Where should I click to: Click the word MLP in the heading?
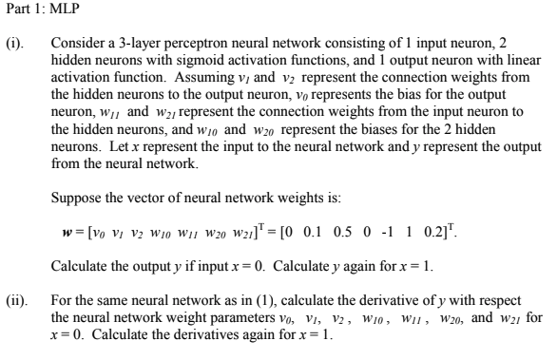tap(45, 12)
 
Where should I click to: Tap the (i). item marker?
tap(18, 44)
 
